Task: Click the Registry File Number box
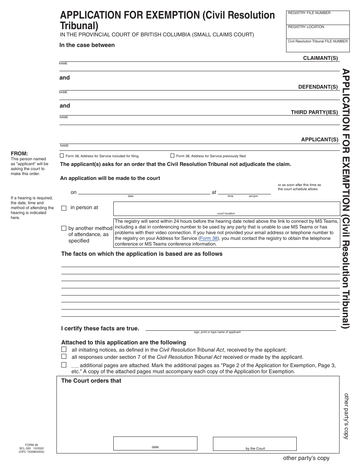318,18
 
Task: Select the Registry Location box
318,32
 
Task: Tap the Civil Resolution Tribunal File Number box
318,45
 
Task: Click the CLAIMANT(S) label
320,58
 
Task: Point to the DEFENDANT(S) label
318,87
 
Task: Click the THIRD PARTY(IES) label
314,112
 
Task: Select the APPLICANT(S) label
319,139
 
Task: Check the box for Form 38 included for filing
62,156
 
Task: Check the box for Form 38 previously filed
172,156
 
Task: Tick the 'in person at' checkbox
64,208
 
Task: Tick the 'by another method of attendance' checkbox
64,228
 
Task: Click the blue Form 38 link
209,238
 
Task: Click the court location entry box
226,209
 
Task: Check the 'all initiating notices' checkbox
64,350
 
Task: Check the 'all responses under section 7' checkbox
64,357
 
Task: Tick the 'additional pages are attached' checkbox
64,365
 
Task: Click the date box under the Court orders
155,443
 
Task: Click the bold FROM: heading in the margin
19,153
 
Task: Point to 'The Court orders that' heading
91,381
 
